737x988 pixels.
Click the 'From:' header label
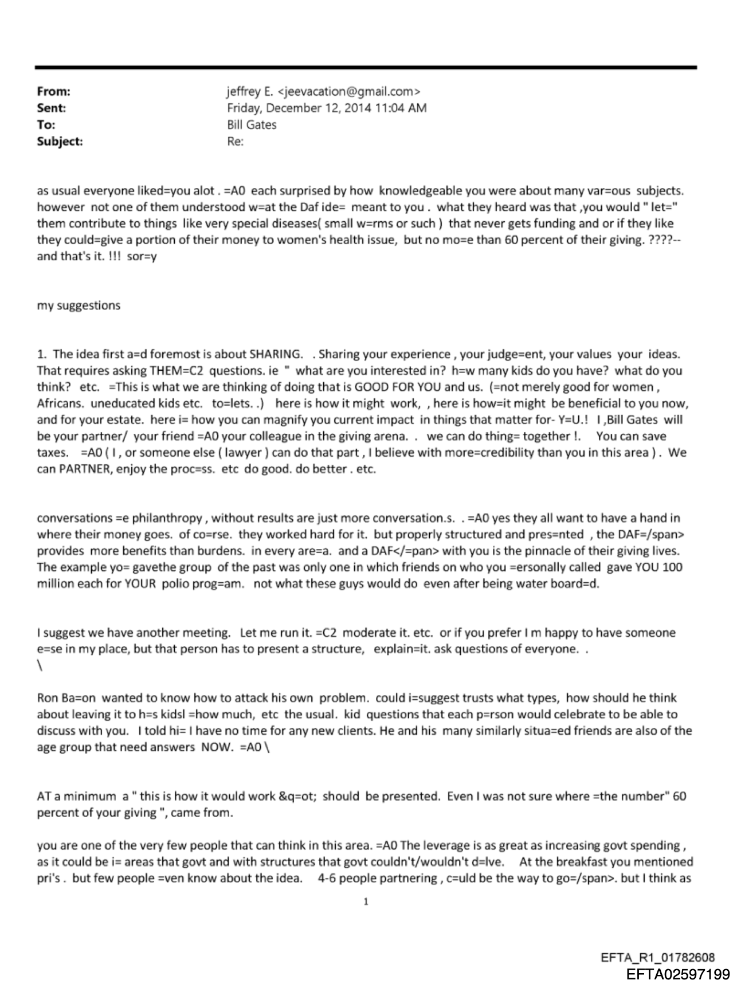pyautogui.click(x=53, y=91)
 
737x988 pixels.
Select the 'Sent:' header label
pyautogui.click(x=51, y=108)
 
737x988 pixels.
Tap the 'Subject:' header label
pyautogui.click(x=60, y=141)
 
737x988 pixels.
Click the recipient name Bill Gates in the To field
pyautogui.click(x=252, y=124)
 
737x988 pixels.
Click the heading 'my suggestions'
pyautogui.click(x=79, y=305)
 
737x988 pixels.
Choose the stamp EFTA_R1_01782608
pyautogui.click(x=657, y=958)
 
